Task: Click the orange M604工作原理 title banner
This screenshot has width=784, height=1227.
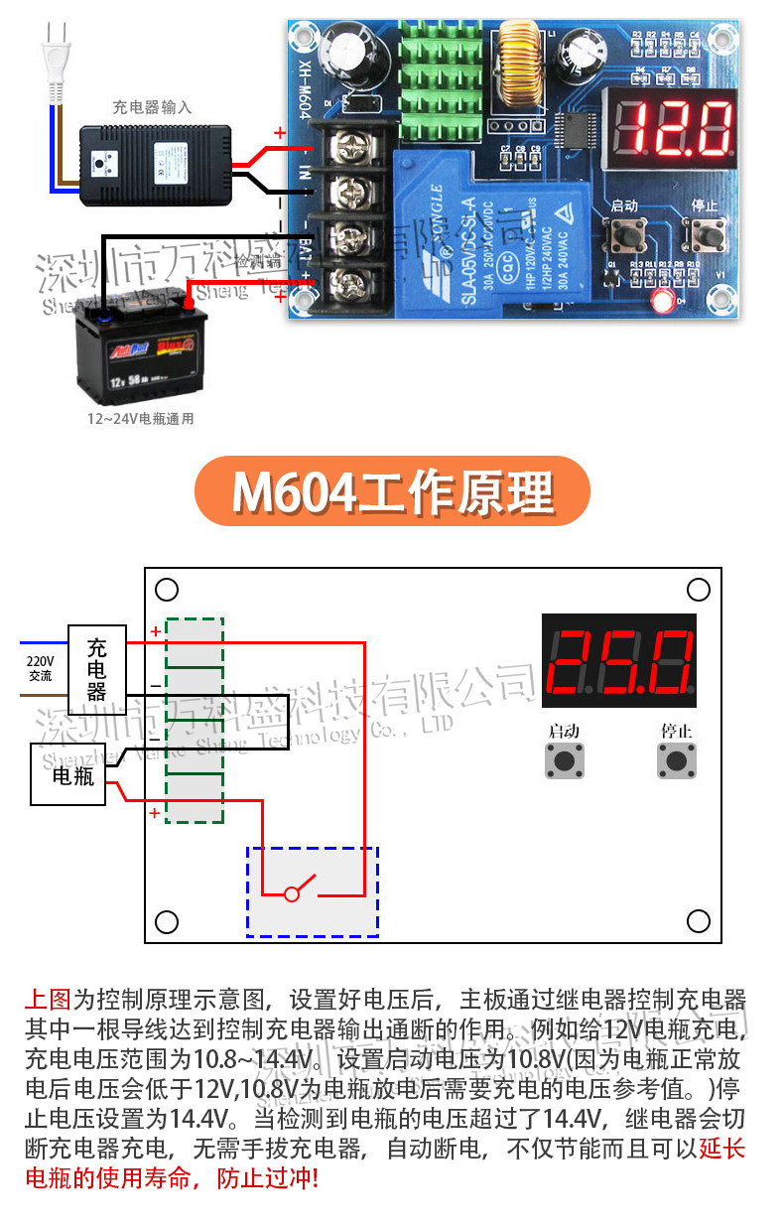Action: tap(392, 491)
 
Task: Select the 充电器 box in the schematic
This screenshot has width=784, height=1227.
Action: tap(97, 656)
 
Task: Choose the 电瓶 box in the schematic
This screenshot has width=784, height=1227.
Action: tap(73, 774)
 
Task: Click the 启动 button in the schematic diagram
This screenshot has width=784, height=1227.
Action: tap(564, 760)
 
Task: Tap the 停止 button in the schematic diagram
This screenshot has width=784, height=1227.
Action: tap(677, 760)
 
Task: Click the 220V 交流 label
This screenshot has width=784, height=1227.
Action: tap(41, 667)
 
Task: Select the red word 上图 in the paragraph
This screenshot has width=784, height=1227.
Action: tap(48, 999)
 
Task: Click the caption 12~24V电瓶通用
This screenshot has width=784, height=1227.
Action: tap(140, 419)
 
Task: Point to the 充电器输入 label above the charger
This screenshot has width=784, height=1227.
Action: tap(152, 107)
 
